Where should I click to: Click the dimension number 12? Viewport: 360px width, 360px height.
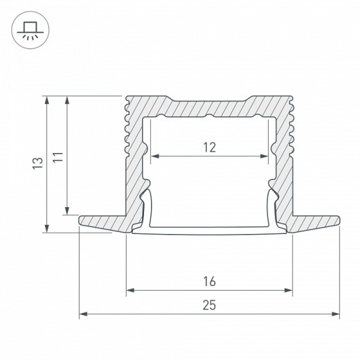click(x=210, y=147)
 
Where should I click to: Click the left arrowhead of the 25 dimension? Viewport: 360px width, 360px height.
click(x=83, y=315)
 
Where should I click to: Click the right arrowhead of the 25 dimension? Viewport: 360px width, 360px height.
click(x=336, y=315)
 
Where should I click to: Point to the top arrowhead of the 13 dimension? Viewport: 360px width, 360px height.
click(x=46, y=99)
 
